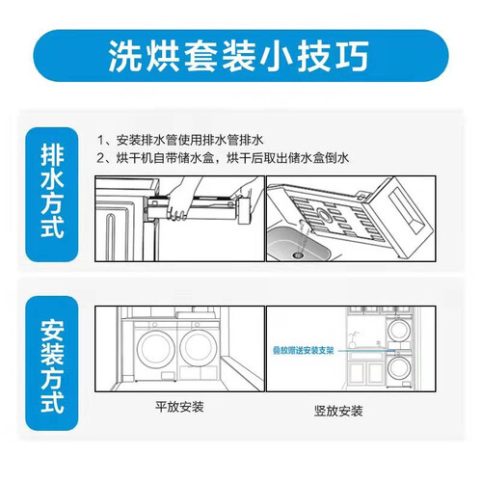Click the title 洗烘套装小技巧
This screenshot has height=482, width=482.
[238, 57]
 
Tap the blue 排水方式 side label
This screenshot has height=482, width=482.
[52, 192]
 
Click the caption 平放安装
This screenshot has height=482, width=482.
[179, 407]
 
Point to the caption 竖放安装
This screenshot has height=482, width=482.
[338, 411]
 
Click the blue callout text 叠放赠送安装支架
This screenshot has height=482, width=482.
[304, 350]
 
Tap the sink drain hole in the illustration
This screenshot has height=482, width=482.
[298, 254]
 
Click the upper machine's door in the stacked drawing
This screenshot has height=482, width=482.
[399, 330]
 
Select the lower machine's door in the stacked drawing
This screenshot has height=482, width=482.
[399, 367]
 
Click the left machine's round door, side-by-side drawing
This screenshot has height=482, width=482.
[156, 348]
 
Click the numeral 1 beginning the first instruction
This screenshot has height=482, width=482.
[101, 140]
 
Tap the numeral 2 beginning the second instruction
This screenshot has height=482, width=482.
[101, 158]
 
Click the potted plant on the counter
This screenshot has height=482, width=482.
[353, 340]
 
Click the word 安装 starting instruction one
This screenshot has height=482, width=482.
[128, 140]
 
